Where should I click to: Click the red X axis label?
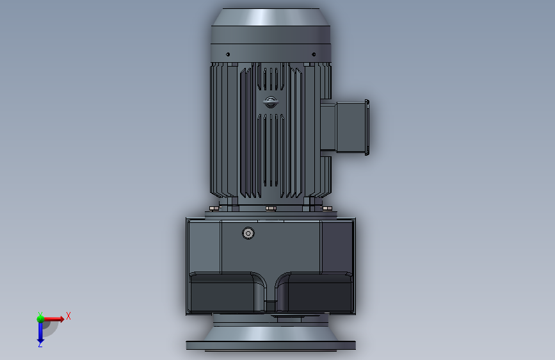(68, 316)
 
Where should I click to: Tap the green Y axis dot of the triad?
(40, 319)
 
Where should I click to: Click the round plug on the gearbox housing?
(248, 233)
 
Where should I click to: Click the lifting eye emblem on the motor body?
(271, 102)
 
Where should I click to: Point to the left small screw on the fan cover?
(228, 54)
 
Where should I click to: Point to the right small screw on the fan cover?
(314, 54)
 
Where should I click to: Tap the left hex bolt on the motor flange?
(213, 208)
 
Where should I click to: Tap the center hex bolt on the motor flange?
(271, 208)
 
